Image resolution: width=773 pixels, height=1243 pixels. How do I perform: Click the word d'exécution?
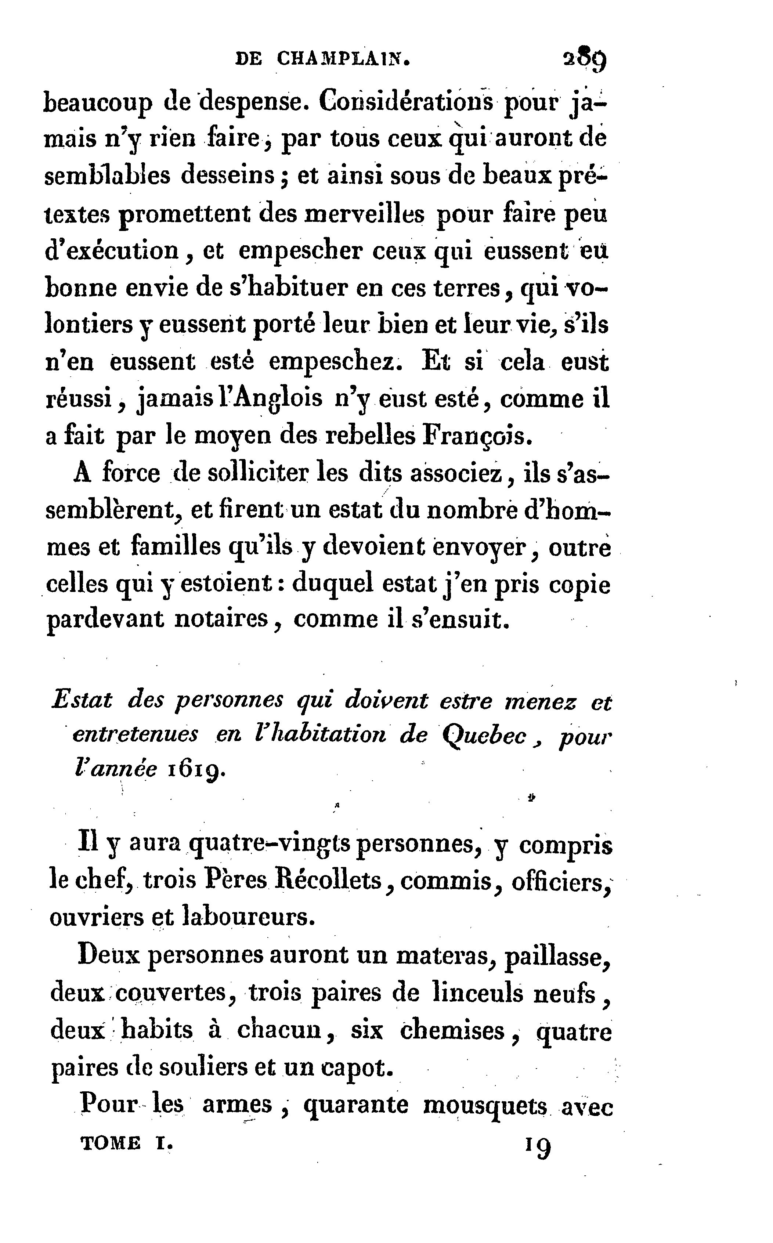click(x=112, y=250)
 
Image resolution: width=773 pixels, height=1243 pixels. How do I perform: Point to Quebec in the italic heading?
click(x=484, y=736)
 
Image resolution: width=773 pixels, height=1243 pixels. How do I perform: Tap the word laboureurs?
click(x=248, y=917)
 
